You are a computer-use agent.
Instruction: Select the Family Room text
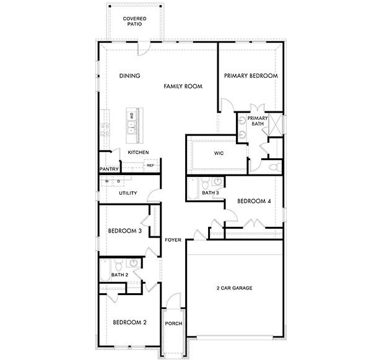(183, 87)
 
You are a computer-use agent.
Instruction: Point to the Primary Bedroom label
(251, 76)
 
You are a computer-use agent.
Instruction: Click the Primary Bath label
(258, 120)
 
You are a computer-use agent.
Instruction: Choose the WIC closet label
(219, 153)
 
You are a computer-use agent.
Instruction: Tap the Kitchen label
(138, 152)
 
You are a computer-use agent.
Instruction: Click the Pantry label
(109, 169)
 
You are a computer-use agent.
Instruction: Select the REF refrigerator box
(150, 165)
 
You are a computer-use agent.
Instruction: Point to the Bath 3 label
(211, 193)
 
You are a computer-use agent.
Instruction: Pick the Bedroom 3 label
(125, 231)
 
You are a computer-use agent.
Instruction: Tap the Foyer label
(173, 240)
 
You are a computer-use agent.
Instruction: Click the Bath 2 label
(119, 275)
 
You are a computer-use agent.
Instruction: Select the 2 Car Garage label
(235, 288)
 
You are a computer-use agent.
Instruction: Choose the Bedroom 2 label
(129, 322)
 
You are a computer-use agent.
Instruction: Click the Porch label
(173, 323)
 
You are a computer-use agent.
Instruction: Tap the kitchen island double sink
(132, 122)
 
